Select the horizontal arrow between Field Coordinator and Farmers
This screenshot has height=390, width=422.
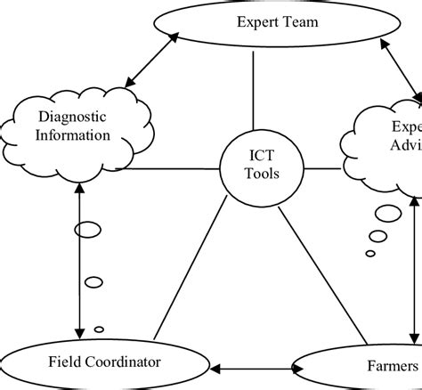click(253, 365)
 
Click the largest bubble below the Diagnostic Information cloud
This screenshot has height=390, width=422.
click(87, 231)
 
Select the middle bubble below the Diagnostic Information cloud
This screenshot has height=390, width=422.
click(93, 283)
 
